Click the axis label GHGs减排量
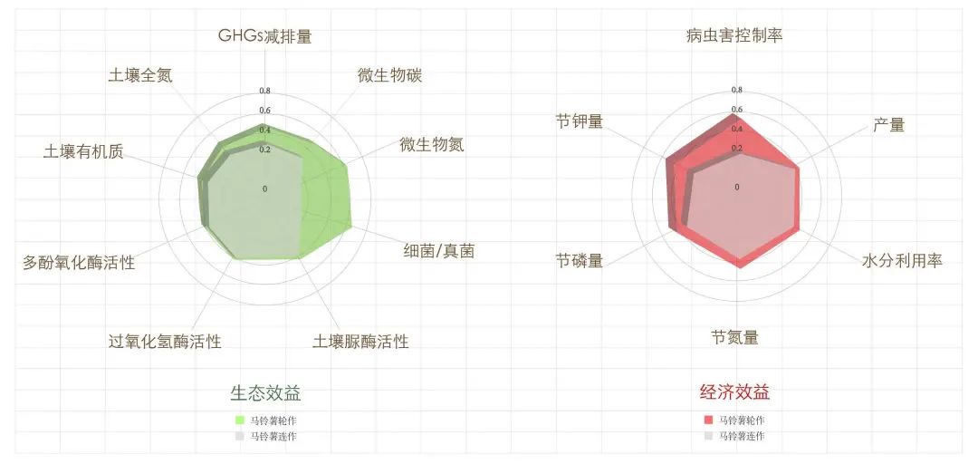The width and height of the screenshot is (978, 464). click(264, 35)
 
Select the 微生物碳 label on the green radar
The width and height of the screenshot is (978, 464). click(389, 75)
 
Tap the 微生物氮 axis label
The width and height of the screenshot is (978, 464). click(432, 145)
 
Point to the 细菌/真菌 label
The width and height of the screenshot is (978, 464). click(439, 251)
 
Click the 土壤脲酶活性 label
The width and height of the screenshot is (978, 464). click(360, 342)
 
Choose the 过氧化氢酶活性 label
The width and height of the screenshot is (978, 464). click(165, 342)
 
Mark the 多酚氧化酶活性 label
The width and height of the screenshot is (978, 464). click(79, 262)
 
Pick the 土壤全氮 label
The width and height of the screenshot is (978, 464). click(140, 75)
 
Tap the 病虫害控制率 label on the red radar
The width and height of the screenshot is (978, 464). click(734, 35)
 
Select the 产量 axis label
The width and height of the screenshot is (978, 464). click(889, 125)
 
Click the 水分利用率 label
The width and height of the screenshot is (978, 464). click(902, 260)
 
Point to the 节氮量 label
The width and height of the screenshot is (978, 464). click(734, 338)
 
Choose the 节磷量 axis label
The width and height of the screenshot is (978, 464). click(580, 260)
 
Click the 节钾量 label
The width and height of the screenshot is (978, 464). click(580, 121)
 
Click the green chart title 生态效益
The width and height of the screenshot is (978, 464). click(265, 392)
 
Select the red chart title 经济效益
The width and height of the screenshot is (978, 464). click(734, 391)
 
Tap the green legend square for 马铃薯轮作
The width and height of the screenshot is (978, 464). click(240, 420)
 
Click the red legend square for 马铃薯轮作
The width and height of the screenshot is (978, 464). click(708, 420)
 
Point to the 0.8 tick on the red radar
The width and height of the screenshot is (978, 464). click(737, 90)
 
